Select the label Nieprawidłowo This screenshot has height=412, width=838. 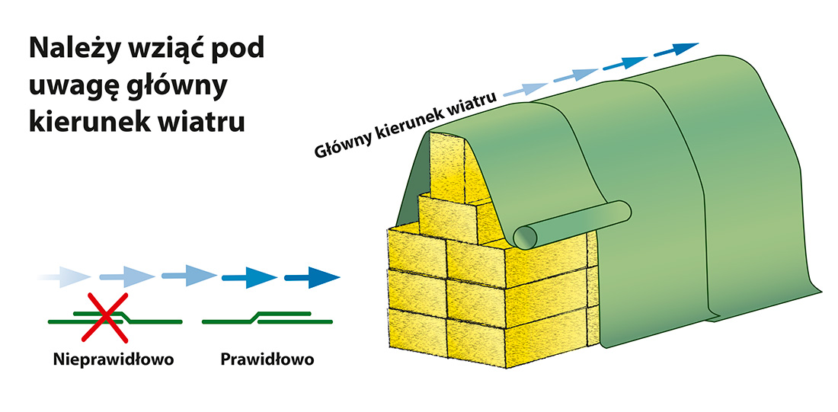click(114, 359)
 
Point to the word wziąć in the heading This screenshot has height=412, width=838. click(163, 50)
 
